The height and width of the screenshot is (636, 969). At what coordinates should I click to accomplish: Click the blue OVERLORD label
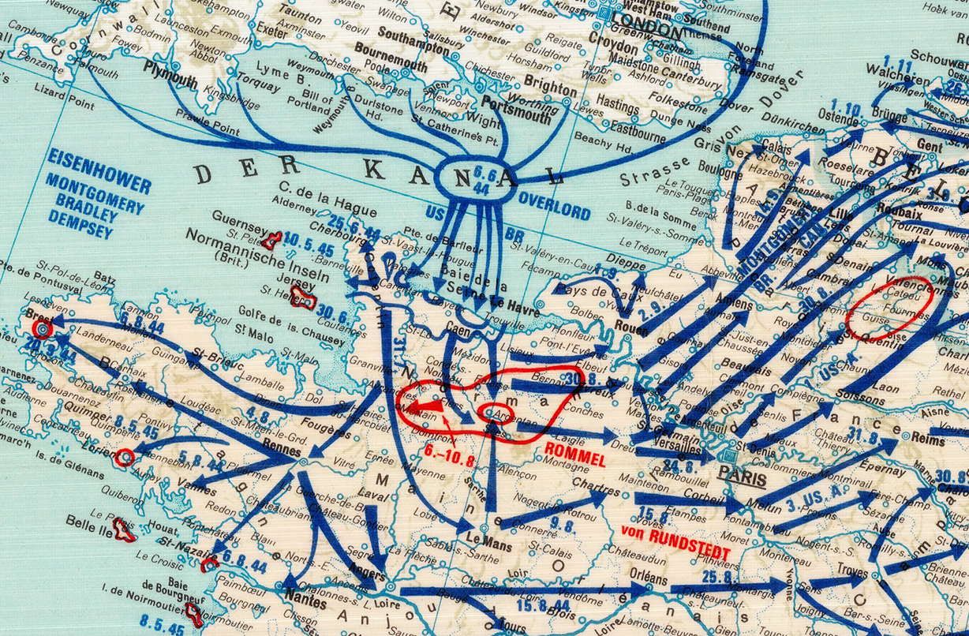(554, 213)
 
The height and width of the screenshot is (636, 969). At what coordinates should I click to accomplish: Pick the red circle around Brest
(41, 327)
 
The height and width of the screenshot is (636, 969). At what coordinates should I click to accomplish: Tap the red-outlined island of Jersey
(303, 297)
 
